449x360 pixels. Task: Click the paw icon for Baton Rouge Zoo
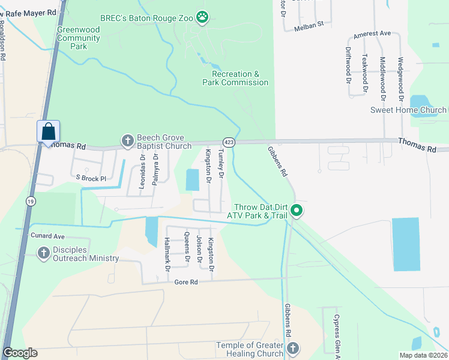click(203, 17)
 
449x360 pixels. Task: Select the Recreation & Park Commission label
click(235, 78)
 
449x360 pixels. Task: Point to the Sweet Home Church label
click(408, 110)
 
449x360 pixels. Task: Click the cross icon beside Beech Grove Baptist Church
click(127, 141)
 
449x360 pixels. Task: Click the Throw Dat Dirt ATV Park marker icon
click(297, 211)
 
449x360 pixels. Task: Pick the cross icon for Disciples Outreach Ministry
click(44, 254)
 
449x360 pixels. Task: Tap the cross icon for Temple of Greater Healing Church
click(292, 349)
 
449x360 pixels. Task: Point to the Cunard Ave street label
click(47, 236)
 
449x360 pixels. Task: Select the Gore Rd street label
click(185, 282)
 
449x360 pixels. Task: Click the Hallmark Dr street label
click(167, 250)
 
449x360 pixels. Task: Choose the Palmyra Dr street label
click(155, 169)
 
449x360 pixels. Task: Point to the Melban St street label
click(309, 25)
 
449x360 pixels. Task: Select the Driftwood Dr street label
click(349, 65)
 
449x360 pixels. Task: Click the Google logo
click(20, 353)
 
